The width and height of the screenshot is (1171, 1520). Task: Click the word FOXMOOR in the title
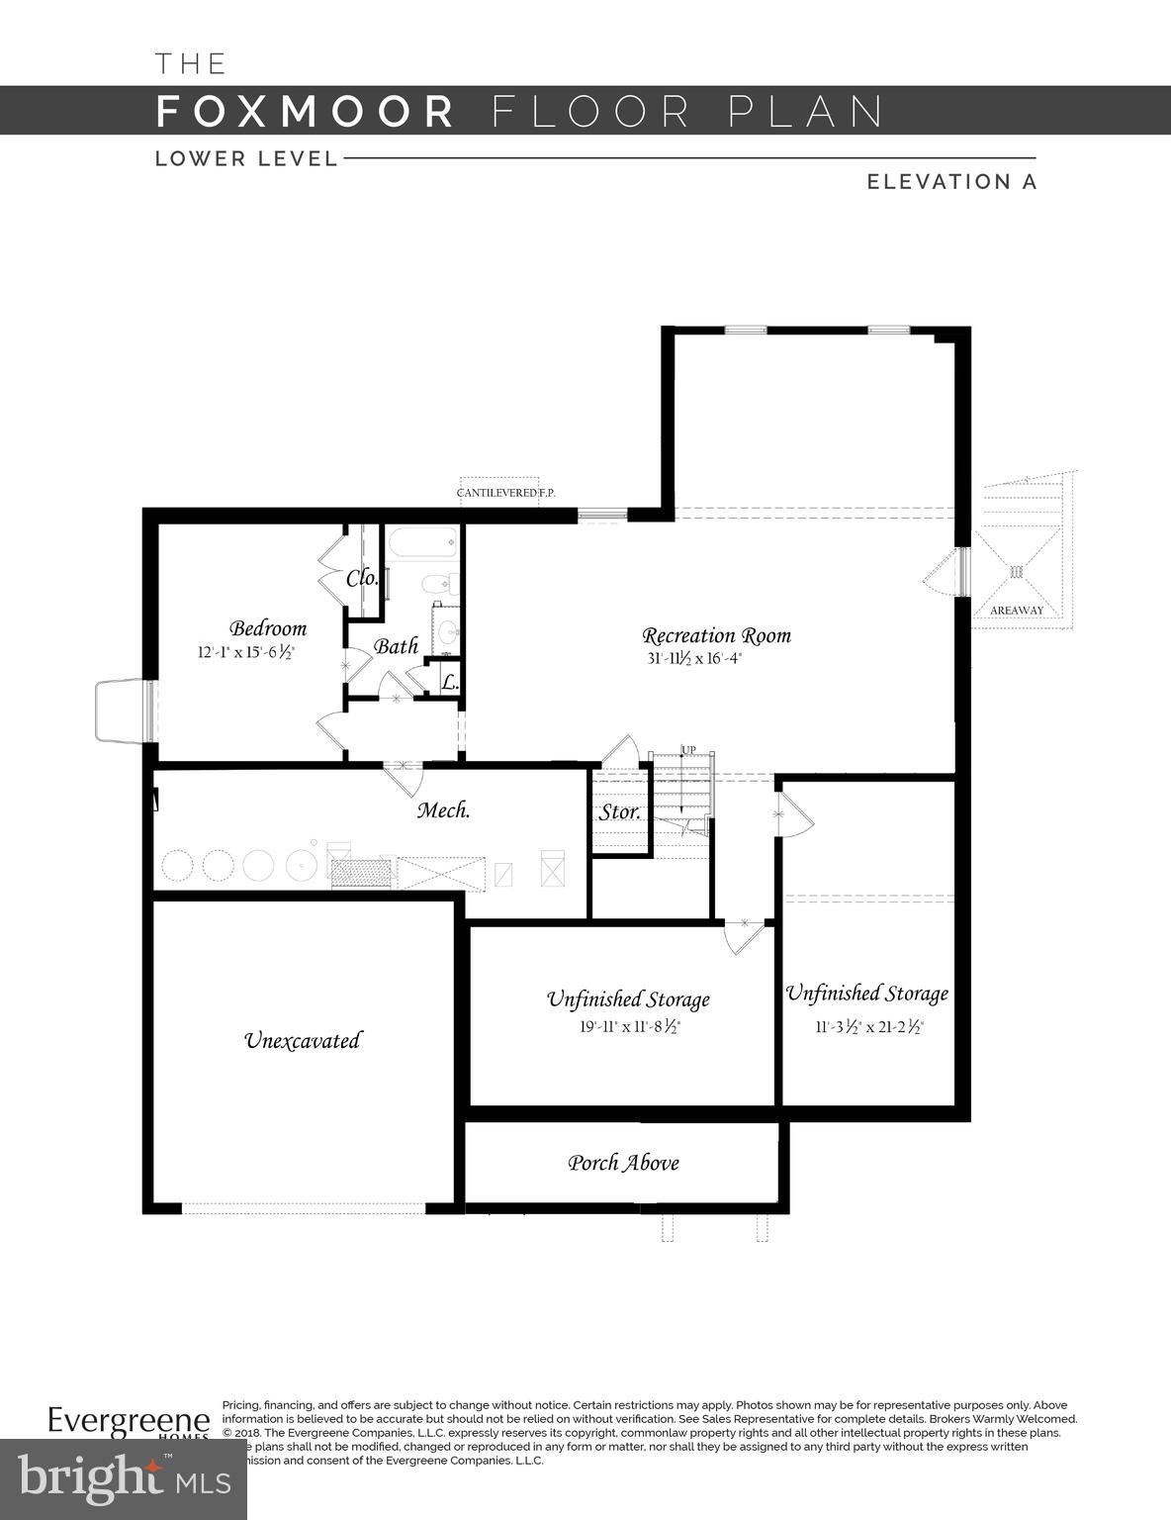[305, 111]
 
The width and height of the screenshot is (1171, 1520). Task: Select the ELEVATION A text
[951, 182]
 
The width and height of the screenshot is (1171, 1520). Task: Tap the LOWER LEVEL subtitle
[246, 158]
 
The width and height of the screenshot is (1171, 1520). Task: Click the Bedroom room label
[268, 628]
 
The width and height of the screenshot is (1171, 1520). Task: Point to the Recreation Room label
[716, 635]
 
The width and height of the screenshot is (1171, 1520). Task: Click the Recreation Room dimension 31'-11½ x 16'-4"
[692, 658]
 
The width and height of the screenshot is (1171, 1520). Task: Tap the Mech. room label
[442, 809]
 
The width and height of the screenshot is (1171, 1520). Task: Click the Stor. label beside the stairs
[620, 811]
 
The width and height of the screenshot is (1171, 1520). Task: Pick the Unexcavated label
[302, 1040]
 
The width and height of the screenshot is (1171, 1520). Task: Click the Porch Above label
[623, 1163]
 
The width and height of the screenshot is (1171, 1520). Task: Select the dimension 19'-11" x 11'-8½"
[630, 1026]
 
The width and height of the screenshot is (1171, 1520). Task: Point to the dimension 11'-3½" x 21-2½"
[868, 1027]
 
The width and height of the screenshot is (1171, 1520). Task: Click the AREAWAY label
[1017, 611]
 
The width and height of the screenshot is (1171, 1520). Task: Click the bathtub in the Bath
[422, 541]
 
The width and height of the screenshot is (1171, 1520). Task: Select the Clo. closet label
[361, 578]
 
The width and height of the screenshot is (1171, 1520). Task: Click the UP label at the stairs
[688, 749]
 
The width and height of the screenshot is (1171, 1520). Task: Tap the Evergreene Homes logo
[129, 1423]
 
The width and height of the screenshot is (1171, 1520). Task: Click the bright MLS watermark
[123, 1479]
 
